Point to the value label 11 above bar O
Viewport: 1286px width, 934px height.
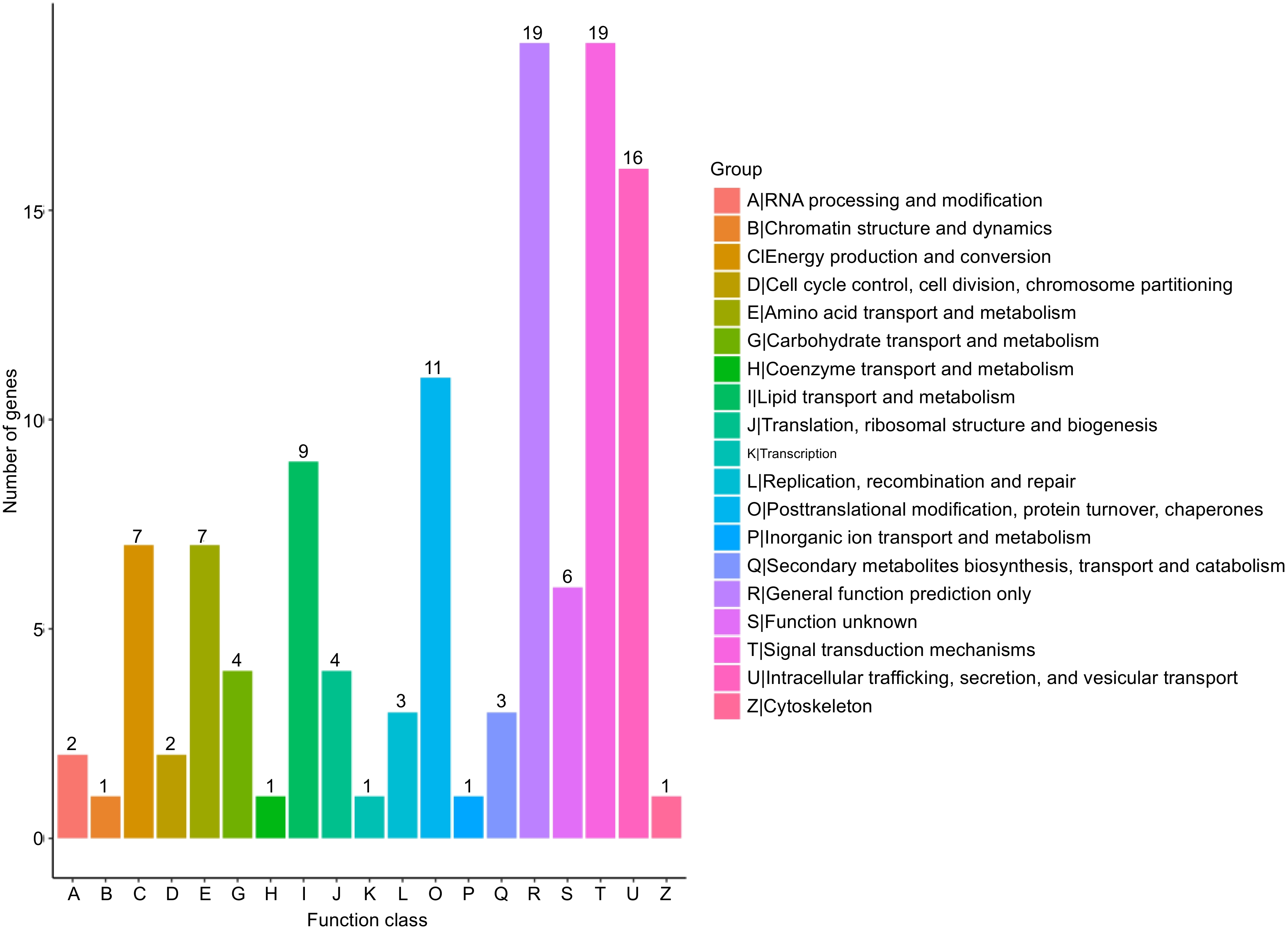click(433, 368)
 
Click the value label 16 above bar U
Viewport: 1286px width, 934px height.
click(632, 158)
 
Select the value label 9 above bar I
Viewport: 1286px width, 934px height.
click(303, 451)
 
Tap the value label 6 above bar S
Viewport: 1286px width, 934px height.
click(567, 577)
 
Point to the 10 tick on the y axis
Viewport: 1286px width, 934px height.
click(33, 421)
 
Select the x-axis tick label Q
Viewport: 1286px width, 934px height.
click(501, 894)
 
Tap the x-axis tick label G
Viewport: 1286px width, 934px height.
click(238, 894)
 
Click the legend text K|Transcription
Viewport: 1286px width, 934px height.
click(792, 454)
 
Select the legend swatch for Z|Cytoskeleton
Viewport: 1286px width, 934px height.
click(726, 706)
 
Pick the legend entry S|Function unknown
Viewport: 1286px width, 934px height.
click(831, 622)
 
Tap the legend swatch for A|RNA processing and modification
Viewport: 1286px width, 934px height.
click(726, 201)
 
